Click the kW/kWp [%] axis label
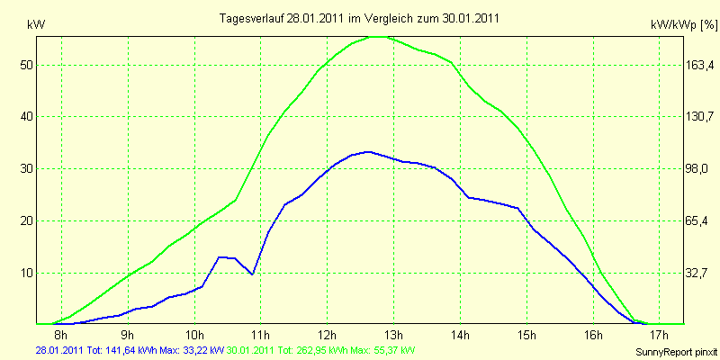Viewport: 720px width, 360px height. pos(683,27)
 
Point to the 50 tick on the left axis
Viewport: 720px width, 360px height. pos(27,65)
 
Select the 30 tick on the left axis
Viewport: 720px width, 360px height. pos(27,168)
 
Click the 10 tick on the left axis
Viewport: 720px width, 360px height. pos(27,273)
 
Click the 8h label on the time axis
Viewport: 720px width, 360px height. pos(61,336)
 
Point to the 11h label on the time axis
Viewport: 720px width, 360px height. pos(260,336)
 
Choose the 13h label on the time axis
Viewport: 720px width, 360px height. pos(393,336)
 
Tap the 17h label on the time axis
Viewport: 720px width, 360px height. pos(659,336)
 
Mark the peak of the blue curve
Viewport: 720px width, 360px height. pos(367,152)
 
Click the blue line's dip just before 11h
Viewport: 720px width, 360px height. pos(253,274)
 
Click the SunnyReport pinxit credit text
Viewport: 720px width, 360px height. pos(677,349)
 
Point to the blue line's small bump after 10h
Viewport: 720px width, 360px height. pos(221,257)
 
